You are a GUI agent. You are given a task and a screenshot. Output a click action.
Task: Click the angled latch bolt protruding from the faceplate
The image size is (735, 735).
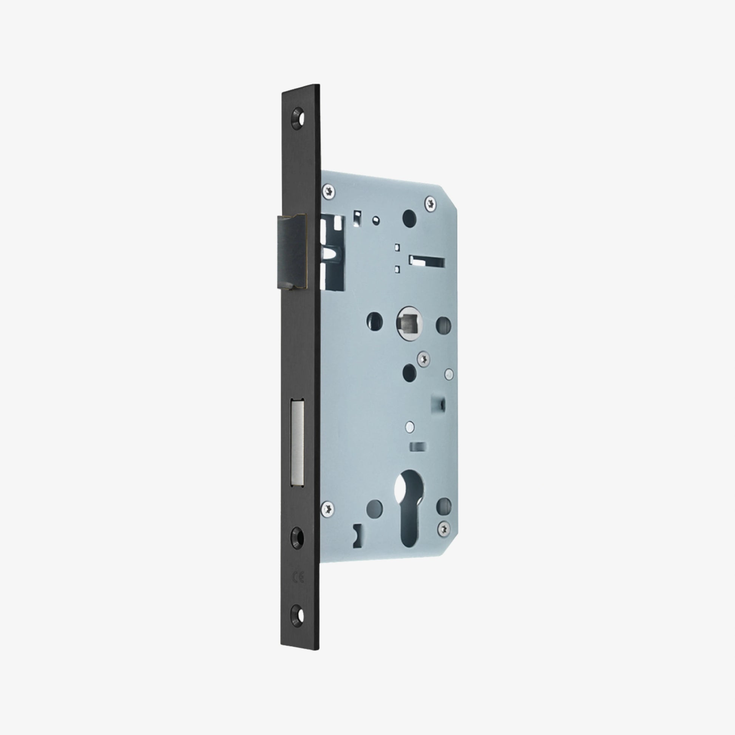coord(292,251)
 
